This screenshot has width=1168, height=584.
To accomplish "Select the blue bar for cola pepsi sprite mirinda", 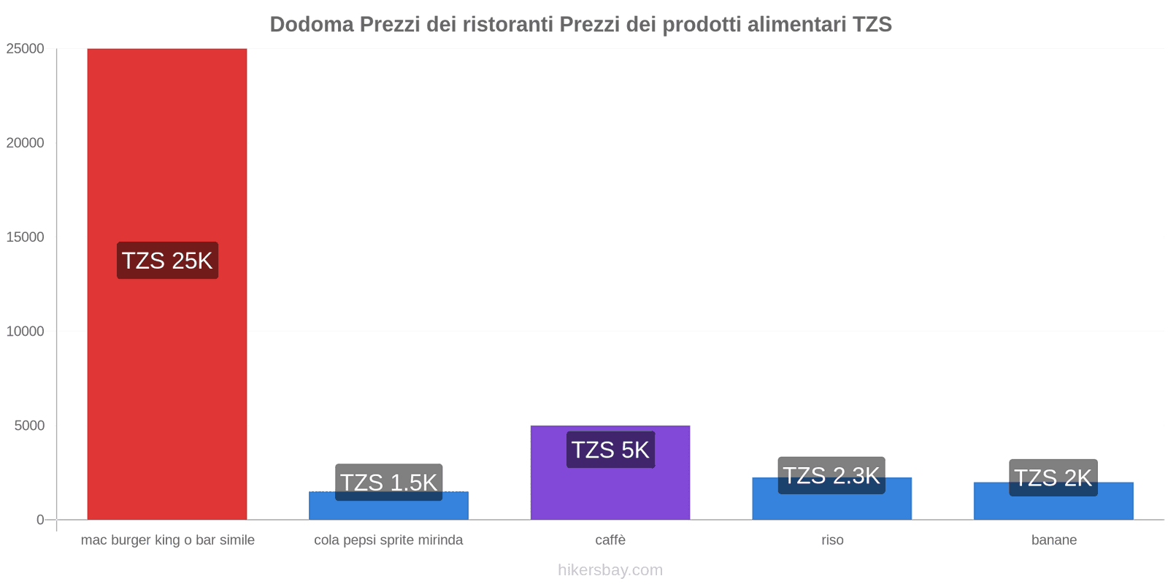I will [388, 510].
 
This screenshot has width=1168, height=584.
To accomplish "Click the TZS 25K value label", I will [167, 261].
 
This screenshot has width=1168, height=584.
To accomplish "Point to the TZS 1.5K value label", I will [388, 482].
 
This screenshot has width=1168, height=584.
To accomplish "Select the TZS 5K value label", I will [610, 450].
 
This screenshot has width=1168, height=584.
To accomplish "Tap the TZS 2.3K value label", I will [831, 475].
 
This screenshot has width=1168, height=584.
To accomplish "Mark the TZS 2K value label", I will [1053, 477].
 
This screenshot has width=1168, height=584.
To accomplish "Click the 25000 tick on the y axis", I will [26, 49].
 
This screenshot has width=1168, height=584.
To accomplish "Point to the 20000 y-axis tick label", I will [26, 143].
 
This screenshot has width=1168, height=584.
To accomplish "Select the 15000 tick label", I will [26, 237].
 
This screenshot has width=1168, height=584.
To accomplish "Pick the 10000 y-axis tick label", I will [26, 331].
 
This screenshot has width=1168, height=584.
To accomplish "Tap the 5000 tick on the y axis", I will [29, 426].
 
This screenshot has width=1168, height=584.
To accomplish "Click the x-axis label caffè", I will [610, 540].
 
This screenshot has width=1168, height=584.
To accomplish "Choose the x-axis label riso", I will [832, 540].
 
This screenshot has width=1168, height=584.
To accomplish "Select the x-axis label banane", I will [1053, 540].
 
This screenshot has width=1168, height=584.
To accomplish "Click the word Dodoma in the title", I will [312, 25].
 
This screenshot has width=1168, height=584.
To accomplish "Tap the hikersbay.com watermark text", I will [610, 570].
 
